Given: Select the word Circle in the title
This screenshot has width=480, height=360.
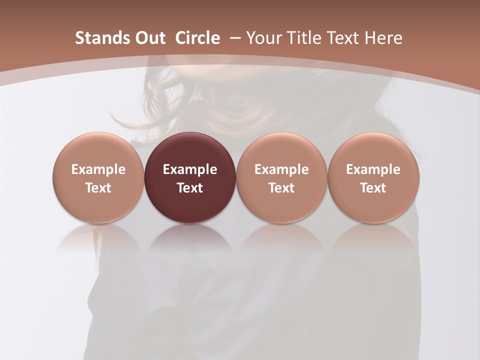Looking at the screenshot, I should pyautogui.click(x=197, y=38).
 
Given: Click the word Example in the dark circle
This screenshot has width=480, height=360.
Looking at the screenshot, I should pyautogui.click(x=190, y=169).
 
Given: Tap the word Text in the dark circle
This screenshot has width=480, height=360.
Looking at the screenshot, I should pyautogui.click(x=190, y=188).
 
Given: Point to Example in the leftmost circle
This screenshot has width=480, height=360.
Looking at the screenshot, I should pyautogui.click(x=98, y=169).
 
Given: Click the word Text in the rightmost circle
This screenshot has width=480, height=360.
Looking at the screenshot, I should pyautogui.click(x=373, y=188).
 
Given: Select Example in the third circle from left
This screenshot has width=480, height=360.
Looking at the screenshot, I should pyautogui.click(x=281, y=169).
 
